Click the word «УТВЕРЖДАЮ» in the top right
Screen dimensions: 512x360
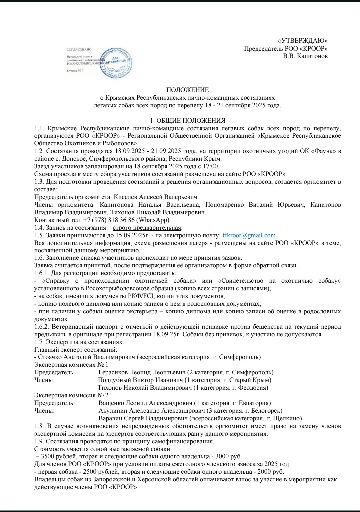pos(303,41)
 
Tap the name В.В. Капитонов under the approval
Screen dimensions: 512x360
pos(305,56)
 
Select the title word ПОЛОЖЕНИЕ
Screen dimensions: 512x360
pos(187,90)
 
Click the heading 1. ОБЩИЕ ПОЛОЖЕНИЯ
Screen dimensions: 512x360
pos(188,121)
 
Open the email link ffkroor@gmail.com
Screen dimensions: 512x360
pos(249,235)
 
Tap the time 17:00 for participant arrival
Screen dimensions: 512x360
pos(211,166)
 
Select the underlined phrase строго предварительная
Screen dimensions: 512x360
pos(147,228)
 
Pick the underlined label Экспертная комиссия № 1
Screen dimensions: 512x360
pos(71,365)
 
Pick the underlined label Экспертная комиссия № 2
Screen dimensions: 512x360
pos(71,395)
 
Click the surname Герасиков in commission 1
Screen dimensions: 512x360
pos(113,372)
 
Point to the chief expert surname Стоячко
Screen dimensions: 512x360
pos(50,357)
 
